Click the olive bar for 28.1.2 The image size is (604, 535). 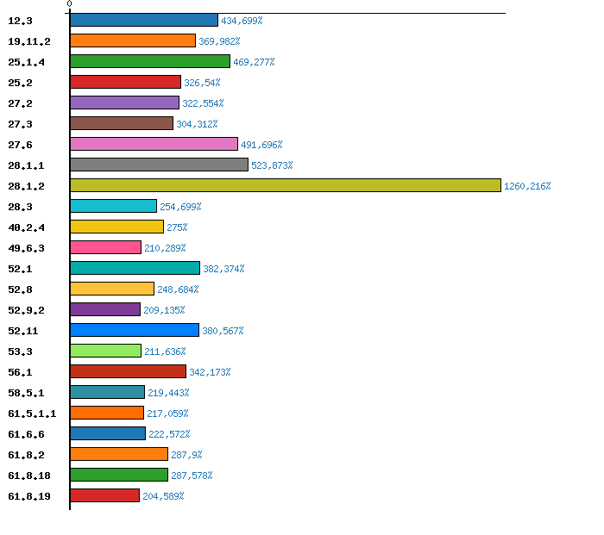click(x=285, y=185)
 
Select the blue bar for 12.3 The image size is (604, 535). click(x=143, y=20)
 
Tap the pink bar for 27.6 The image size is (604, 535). click(x=154, y=144)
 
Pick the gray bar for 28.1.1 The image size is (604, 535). click(x=159, y=165)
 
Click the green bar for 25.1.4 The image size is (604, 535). click(x=150, y=61)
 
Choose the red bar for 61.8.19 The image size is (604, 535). click(x=104, y=495)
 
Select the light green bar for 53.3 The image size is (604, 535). click(x=105, y=351)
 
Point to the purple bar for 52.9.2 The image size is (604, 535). click(x=104, y=309)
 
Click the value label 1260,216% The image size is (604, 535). click(x=527, y=186)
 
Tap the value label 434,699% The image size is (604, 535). click(x=242, y=21)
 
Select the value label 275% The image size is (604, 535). click(x=177, y=227)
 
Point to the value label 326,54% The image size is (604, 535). click(x=202, y=83)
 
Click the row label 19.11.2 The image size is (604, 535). click(x=28, y=40)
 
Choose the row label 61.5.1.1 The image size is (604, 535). click(x=32, y=414)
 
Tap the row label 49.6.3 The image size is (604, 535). click(x=26, y=248)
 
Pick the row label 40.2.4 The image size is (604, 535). click(x=26, y=227)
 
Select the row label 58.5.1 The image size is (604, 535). click(x=26, y=393)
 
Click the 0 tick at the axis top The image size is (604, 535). click(x=69, y=4)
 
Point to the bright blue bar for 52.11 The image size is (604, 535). click(x=134, y=330)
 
